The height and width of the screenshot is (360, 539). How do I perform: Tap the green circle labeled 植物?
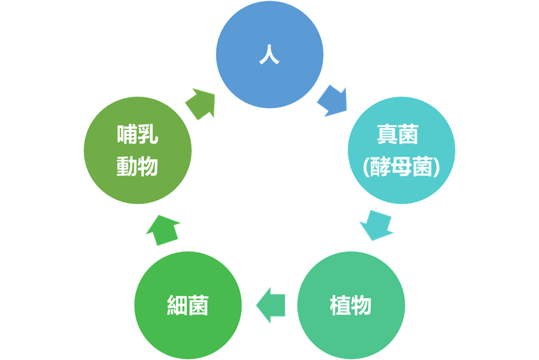[351, 305]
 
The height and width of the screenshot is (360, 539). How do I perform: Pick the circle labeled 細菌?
[188, 305]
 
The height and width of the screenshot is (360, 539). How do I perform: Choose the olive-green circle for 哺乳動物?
[138, 151]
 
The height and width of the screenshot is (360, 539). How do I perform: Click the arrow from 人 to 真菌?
[332, 101]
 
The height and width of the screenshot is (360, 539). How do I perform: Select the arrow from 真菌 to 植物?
[376, 224]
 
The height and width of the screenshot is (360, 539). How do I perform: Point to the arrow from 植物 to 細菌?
[271, 305]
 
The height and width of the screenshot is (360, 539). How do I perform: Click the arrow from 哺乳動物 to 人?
[200, 103]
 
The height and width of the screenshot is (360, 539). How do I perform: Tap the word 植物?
[351, 306]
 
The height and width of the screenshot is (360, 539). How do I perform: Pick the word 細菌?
[188, 306]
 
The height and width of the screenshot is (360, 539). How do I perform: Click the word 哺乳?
[137, 136]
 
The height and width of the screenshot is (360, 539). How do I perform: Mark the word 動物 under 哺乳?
[137, 166]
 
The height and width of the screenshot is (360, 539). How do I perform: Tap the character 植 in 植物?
[340, 306]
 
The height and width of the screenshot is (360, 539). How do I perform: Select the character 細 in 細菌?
[177, 306]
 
